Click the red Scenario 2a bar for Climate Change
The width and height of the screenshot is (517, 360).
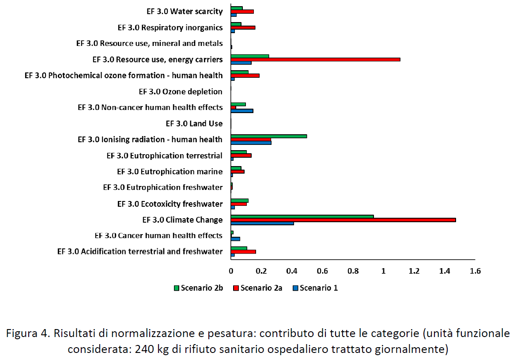click(343, 220)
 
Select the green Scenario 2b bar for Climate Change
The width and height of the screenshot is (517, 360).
click(302, 216)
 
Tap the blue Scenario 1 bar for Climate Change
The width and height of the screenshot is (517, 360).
click(262, 224)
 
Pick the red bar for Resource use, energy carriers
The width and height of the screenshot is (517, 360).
click(315, 59)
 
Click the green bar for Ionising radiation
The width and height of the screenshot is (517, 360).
click(268, 136)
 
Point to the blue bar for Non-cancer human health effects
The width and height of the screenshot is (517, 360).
click(242, 110)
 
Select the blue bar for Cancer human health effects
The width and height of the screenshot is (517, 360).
click(235, 239)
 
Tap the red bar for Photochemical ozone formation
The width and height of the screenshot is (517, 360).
click(245, 76)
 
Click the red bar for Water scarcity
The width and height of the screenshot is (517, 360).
click(242, 11)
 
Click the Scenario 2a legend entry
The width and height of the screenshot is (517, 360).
click(257, 288)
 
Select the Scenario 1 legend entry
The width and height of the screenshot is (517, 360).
click(315, 288)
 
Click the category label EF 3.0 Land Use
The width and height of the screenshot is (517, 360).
click(194, 124)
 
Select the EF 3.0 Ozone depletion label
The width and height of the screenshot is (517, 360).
click(180, 92)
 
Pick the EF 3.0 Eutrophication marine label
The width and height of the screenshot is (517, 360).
click(170, 171)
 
